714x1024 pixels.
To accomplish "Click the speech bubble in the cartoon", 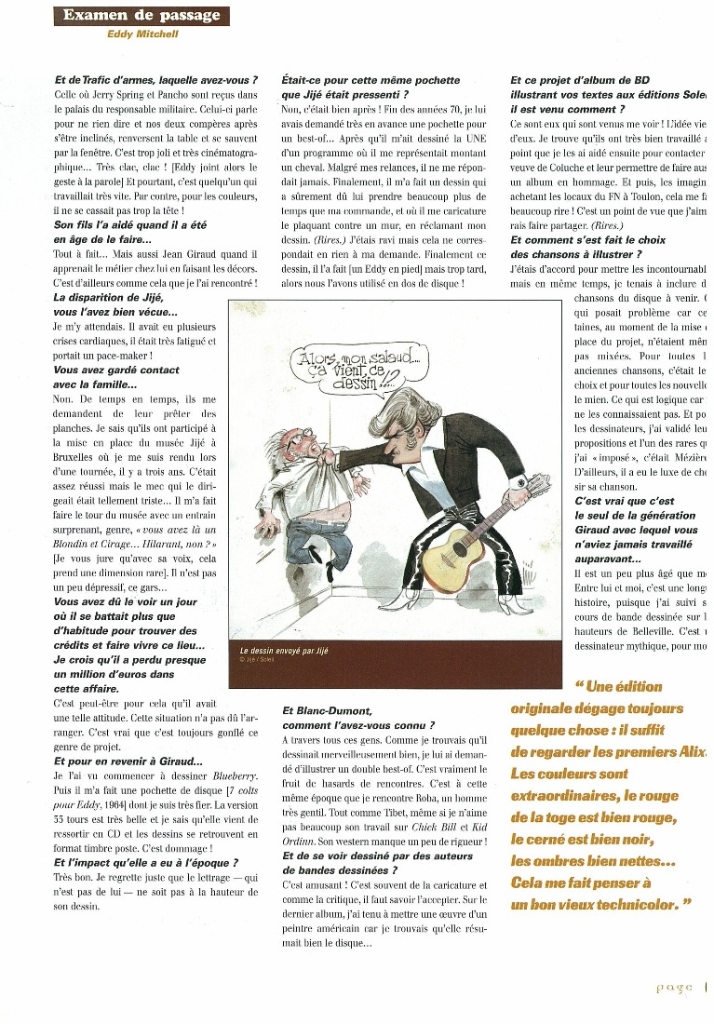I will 341,367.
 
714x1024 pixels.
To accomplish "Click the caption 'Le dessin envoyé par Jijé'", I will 284,651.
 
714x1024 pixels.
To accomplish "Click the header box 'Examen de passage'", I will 141,16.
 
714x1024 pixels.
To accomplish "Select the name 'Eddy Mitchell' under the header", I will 141,34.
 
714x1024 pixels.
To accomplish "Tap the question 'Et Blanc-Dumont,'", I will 329,710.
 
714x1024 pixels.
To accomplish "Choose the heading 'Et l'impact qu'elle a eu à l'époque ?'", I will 146,863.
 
